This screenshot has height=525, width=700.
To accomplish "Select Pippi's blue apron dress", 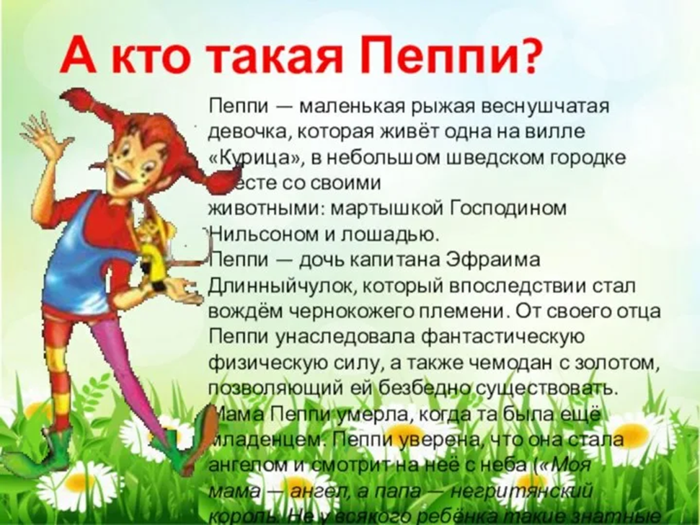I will (101, 245).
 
